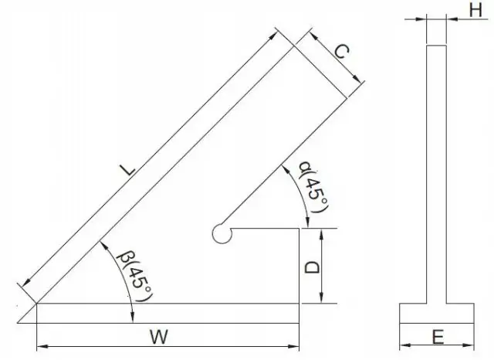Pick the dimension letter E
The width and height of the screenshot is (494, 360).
click(437, 337)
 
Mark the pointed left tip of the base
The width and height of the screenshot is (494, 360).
click(19, 321)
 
